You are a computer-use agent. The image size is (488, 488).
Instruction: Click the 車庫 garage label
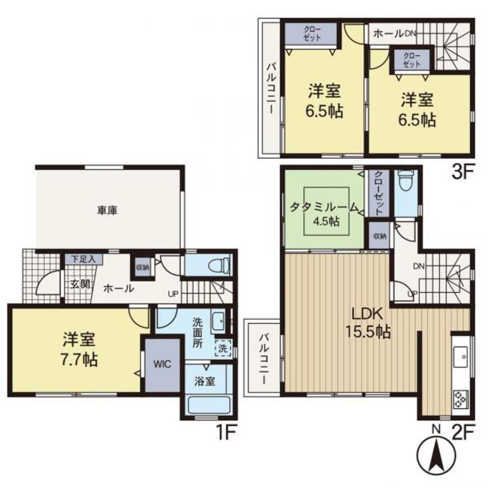point(107,211)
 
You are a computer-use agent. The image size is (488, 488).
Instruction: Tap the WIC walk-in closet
point(163,365)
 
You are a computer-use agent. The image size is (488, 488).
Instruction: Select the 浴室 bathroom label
point(204,381)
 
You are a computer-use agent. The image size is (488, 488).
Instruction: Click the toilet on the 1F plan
point(219,265)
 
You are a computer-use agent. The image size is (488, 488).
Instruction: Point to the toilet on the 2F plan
point(405,181)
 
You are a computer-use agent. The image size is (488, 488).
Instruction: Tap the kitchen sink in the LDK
point(462,357)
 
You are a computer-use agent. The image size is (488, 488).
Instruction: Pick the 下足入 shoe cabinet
point(83,259)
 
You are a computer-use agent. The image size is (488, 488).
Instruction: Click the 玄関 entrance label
point(80,284)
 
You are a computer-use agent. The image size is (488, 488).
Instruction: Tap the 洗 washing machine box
point(223,349)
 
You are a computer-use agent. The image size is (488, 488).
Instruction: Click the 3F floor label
point(462,172)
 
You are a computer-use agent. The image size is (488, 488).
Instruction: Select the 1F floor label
point(226,433)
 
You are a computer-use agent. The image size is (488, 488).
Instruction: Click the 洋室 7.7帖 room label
point(79,349)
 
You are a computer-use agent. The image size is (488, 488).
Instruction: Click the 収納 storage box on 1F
point(142,267)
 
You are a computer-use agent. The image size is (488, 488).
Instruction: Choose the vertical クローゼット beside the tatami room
point(379,193)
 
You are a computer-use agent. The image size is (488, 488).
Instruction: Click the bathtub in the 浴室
point(209,405)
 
